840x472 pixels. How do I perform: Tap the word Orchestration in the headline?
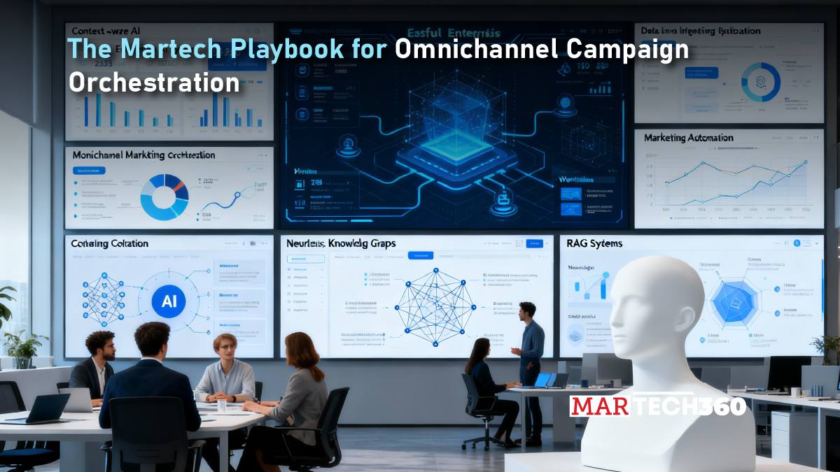(x=154, y=83)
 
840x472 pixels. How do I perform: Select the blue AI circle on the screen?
(x=169, y=301)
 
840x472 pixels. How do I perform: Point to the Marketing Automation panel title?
(x=689, y=138)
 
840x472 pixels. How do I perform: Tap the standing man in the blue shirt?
(x=530, y=350)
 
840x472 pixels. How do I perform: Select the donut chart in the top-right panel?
(x=760, y=83)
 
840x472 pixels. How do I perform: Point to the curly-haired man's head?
(x=101, y=344)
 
